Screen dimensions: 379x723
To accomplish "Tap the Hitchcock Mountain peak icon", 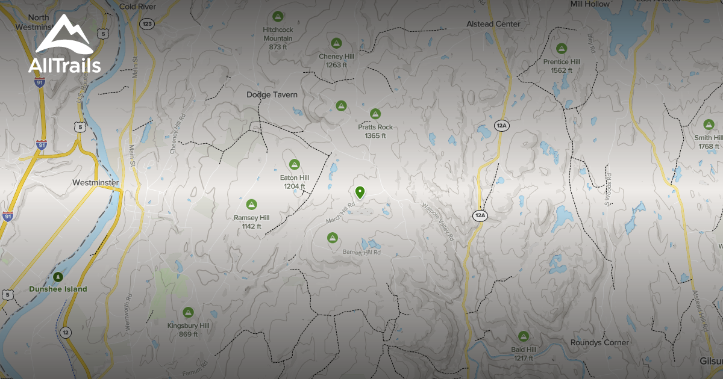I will [x=277, y=16].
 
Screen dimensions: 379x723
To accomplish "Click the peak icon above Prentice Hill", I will [x=562, y=48].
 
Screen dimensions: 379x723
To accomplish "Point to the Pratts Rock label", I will [x=375, y=127].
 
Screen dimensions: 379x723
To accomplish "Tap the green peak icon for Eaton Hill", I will [x=294, y=164].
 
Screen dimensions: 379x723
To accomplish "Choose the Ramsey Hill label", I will [x=251, y=218].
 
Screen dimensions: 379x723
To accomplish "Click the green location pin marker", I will [x=360, y=193].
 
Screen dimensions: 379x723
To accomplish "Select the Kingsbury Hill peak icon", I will [x=188, y=312].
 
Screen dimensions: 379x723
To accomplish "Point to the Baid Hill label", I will [x=523, y=350].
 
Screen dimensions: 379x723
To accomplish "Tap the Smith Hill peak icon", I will [x=709, y=125].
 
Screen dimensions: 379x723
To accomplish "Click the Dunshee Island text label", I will [x=58, y=289].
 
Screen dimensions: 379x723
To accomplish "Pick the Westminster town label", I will [x=95, y=182].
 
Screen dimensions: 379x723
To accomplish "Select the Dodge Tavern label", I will [x=272, y=95].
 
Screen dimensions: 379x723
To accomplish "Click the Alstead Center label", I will [x=493, y=24].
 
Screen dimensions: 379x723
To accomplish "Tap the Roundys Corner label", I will [x=599, y=342].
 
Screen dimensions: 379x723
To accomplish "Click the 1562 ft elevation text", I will [x=561, y=70].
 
